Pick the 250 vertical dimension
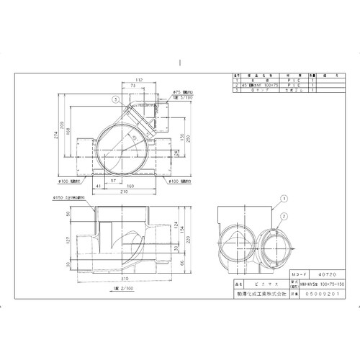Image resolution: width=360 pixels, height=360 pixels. point(188,137)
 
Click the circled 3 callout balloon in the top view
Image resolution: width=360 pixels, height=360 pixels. point(115,98)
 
